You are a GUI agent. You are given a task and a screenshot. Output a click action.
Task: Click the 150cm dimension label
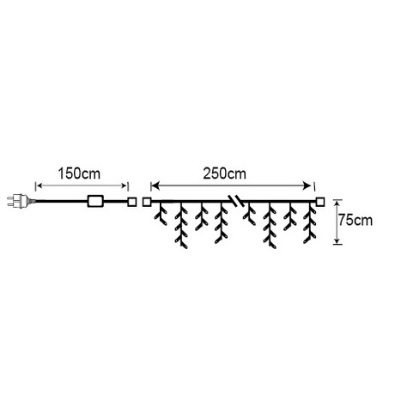click(79, 173)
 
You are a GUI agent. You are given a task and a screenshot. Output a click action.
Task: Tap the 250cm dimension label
click(224, 173)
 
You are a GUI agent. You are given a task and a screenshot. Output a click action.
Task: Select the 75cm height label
click(355, 221)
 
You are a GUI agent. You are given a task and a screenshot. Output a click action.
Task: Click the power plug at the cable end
click(21, 201)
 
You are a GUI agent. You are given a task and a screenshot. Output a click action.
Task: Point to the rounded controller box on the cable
click(95, 201)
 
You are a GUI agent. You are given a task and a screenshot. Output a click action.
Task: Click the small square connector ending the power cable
click(132, 202)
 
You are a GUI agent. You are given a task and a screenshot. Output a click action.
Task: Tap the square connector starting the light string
click(147, 202)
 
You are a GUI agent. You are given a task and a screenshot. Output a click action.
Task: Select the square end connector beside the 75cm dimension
click(320, 202)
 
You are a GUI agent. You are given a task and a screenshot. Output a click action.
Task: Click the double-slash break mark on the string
click(236, 201)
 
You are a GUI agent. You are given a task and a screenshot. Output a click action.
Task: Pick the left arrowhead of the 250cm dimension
click(155, 186)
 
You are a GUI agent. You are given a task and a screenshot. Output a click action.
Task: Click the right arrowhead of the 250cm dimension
click(307, 186)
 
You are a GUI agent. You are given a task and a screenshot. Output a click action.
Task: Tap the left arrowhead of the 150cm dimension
click(39, 186)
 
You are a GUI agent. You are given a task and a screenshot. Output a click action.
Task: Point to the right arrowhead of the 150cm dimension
click(124, 186)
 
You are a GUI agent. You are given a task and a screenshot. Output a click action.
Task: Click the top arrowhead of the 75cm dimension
click(337, 203)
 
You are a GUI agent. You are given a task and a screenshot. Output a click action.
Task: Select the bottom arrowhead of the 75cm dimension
click(337, 240)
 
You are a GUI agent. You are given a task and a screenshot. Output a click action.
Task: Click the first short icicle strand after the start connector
click(161, 214)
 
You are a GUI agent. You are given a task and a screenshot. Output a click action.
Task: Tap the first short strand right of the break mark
click(250, 214)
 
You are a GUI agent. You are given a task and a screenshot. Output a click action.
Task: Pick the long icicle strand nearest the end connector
click(310, 223)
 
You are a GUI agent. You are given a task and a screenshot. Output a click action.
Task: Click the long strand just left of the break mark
click(222, 223)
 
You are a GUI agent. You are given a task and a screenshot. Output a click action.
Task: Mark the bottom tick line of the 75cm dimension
click(337, 244)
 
